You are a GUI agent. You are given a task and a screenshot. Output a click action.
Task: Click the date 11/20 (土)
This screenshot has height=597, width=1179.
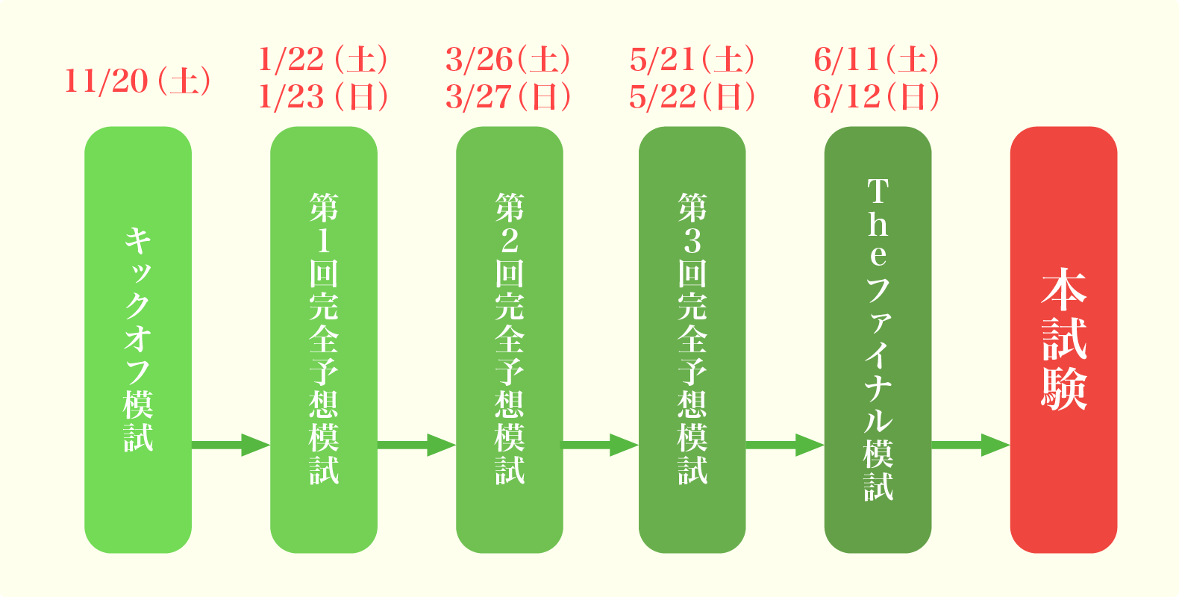pos(138,81)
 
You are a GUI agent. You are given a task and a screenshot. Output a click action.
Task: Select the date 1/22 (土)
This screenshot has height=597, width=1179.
pos(323,60)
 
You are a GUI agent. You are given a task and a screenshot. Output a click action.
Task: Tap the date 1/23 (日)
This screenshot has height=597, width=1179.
pos(323,97)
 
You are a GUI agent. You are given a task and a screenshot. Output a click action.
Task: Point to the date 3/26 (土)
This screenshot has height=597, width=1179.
pos(508,60)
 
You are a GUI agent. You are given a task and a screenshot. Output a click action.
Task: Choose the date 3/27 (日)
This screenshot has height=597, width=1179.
pos(508,97)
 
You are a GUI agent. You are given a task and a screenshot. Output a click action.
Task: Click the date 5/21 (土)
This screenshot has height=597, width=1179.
pos(692,60)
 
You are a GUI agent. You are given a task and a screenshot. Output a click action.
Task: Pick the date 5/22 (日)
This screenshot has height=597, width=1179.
pos(692,97)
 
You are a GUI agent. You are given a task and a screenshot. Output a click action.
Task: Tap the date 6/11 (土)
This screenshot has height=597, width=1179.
pos(877,60)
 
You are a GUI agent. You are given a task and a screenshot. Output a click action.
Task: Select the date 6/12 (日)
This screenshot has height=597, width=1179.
pos(877,97)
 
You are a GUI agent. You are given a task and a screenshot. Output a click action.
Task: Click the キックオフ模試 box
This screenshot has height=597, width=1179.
pos(138,340)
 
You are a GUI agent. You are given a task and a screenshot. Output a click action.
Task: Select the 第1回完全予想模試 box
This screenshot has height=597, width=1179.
pos(324,340)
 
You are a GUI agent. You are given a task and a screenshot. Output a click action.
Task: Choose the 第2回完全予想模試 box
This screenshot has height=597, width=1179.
pos(510,340)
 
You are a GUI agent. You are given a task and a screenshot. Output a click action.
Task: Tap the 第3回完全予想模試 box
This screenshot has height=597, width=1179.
pos(692,340)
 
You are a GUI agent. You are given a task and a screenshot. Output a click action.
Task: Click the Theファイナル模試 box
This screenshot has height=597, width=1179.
pos(878,340)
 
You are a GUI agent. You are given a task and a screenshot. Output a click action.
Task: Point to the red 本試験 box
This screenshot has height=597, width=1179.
pos(1063,340)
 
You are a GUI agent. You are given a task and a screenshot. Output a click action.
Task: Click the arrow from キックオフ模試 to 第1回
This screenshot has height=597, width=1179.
pos(231,445)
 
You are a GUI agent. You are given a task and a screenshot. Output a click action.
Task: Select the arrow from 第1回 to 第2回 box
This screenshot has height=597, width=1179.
pos(416,445)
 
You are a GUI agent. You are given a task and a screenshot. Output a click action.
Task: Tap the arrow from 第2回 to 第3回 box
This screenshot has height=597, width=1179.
pos(601,445)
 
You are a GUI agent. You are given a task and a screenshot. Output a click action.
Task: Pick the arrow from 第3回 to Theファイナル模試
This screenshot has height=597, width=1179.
pos(785,445)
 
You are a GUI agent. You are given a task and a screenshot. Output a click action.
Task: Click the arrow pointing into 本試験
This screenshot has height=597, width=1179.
pos(971,445)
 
